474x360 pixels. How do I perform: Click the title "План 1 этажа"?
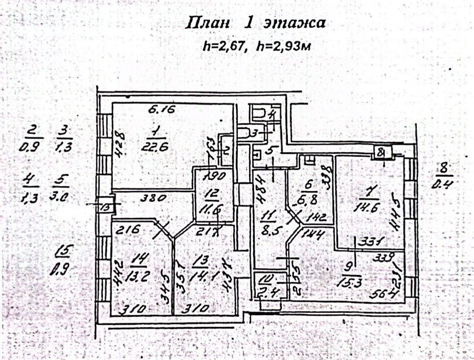[x=256, y=23]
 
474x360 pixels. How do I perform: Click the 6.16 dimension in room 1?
[x=161, y=110]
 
